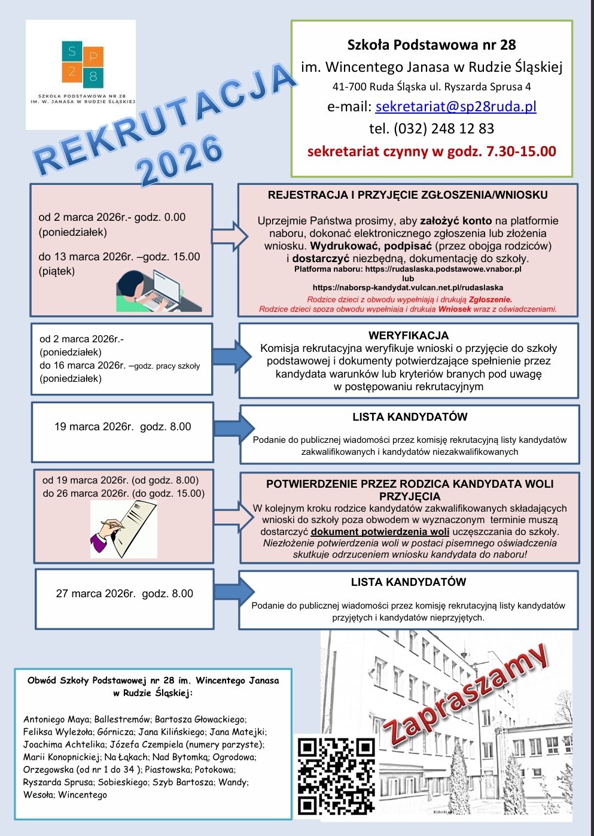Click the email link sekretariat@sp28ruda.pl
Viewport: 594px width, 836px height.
coord(455,107)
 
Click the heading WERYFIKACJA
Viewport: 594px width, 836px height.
coord(409,336)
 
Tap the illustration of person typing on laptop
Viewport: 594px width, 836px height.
coord(157,291)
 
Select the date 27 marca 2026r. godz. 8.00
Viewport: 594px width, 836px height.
coord(124,594)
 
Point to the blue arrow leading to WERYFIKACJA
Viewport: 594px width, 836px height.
coord(231,357)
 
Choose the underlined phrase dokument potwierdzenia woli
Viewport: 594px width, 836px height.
coord(380,531)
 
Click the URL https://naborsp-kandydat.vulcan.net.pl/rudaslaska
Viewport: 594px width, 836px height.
coord(408,287)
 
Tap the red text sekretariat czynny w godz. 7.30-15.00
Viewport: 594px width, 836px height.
coord(431,151)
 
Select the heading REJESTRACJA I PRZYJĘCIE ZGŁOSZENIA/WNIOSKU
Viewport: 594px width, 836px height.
coord(408,195)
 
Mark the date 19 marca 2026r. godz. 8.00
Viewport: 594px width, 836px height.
coord(123,427)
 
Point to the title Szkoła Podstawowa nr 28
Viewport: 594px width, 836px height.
coord(431,45)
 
